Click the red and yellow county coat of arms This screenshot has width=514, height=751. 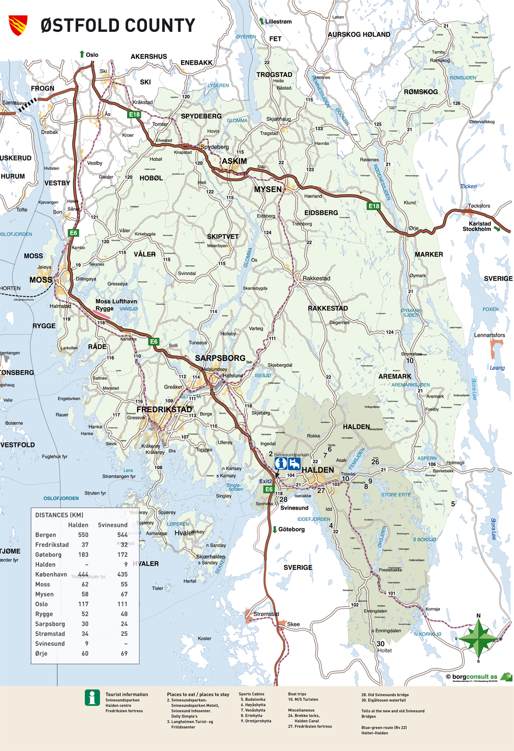pyautogui.click(x=18, y=25)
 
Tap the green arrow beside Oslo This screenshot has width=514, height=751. pyautogui.click(x=82, y=54)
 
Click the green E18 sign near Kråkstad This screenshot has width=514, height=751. pyautogui.click(x=135, y=114)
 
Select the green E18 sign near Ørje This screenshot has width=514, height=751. pyautogui.click(x=374, y=206)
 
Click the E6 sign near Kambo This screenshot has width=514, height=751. pyautogui.click(x=73, y=233)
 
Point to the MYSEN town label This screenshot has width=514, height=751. pyautogui.click(x=267, y=189)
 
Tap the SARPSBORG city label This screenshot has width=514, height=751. pyautogui.click(x=220, y=358)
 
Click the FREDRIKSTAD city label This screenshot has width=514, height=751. pyautogui.click(x=164, y=409)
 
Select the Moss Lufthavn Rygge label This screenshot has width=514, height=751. pyautogui.click(x=116, y=305)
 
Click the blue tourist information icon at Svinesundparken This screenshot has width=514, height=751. pyautogui.click(x=281, y=464)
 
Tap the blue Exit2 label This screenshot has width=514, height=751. pyautogui.click(x=266, y=481)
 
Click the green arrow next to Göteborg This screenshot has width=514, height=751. pyautogui.click(x=275, y=529)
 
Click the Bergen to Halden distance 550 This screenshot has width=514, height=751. pyautogui.click(x=83, y=535)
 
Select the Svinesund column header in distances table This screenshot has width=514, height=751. pyautogui.click(x=113, y=525)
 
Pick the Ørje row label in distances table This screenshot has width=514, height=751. pyautogui.click(x=41, y=653)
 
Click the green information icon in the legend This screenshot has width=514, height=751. pyautogui.click(x=92, y=697)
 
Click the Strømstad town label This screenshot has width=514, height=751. pyautogui.click(x=266, y=614)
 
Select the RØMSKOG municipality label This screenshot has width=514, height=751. pyautogui.click(x=420, y=92)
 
